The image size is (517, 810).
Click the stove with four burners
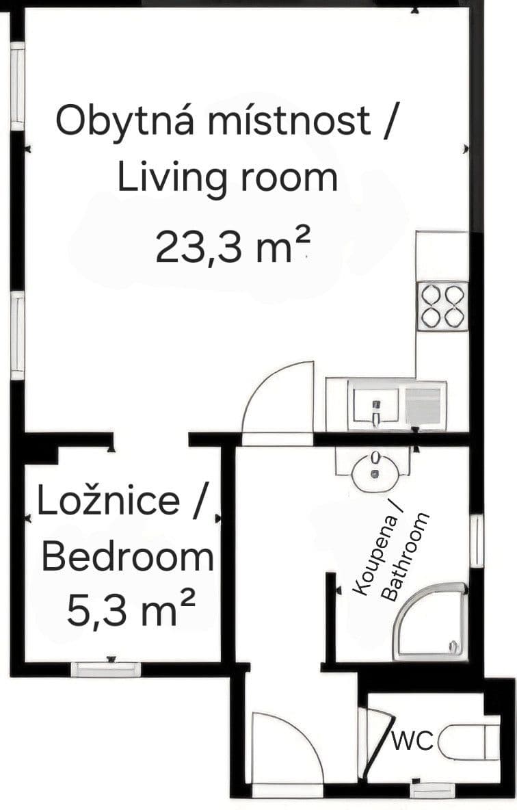click(x=442, y=306)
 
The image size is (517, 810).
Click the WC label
click(x=413, y=741)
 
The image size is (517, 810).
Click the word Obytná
click(x=128, y=121)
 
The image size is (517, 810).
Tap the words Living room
click(x=227, y=177)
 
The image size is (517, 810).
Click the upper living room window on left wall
click(x=17, y=85)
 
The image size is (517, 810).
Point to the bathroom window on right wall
click(x=477, y=541)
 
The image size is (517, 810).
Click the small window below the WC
click(x=432, y=789)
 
